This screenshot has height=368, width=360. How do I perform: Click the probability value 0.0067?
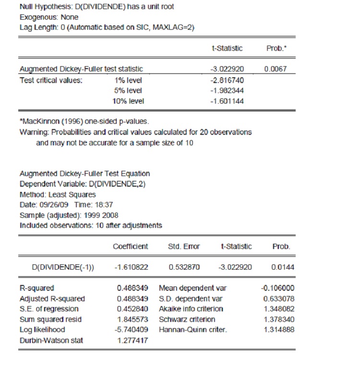tap(276, 69)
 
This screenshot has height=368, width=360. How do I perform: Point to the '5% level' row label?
tap(128, 90)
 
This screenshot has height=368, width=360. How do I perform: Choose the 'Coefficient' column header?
tap(131, 247)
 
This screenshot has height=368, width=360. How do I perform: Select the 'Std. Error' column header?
tap(184, 247)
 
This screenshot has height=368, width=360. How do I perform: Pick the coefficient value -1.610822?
tap(131, 268)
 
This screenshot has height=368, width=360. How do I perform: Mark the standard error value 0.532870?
tap(184, 268)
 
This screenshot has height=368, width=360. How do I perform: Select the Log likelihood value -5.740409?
tap(132, 330)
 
